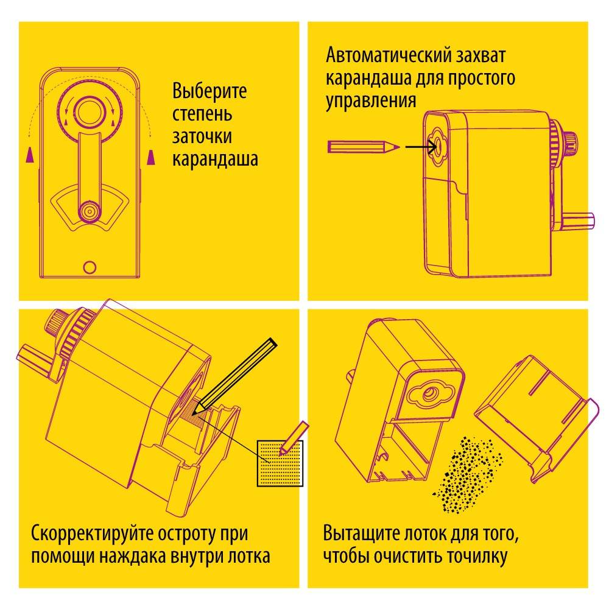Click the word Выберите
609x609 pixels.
(209, 91)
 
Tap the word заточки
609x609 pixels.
(202, 137)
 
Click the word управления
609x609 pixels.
(371, 101)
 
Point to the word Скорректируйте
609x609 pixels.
(91, 533)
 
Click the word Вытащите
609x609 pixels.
(361, 533)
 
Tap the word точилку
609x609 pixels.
(477, 556)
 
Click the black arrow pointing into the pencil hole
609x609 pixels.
(421, 147)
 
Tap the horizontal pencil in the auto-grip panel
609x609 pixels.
(364, 147)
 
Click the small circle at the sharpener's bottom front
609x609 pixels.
(90, 267)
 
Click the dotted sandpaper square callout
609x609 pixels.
(280, 463)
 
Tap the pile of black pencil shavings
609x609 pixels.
(468, 474)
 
